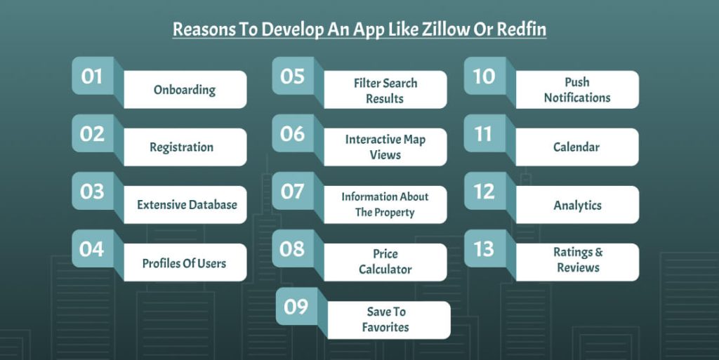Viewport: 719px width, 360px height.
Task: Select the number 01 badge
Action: pyautogui.click(x=93, y=76)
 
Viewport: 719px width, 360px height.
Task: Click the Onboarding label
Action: pyautogui.click(x=185, y=90)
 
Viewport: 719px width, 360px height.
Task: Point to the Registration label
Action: pyautogui.click(x=181, y=147)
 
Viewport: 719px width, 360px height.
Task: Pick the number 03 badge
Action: pyautogui.click(x=93, y=191)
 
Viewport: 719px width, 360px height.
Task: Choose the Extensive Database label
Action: pyautogui.click(x=187, y=205)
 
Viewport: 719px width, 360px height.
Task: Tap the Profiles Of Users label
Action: pyautogui.click(x=184, y=263)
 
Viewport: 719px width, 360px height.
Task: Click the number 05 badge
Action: pyautogui.click(x=292, y=76)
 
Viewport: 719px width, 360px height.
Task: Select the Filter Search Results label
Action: pyautogui.click(x=385, y=91)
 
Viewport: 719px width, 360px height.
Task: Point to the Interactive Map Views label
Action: pyautogui.click(x=385, y=147)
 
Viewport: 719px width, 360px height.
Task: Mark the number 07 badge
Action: pyautogui.click(x=292, y=191)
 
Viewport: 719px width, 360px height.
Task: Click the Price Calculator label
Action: pyautogui.click(x=385, y=262)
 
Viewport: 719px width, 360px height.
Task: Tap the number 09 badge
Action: pyautogui.click(x=296, y=307)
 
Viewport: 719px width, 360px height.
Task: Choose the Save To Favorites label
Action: pyautogui.click(x=386, y=319)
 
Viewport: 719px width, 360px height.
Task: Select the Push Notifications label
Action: pyautogui.click(x=577, y=90)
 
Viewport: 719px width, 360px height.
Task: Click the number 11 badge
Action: pyautogui.click(x=484, y=133)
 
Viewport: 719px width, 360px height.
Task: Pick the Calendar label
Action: pyautogui.click(x=576, y=147)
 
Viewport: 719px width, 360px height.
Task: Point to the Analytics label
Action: pyautogui.click(x=577, y=205)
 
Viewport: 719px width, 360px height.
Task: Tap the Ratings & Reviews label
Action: pyautogui.click(x=578, y=260)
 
